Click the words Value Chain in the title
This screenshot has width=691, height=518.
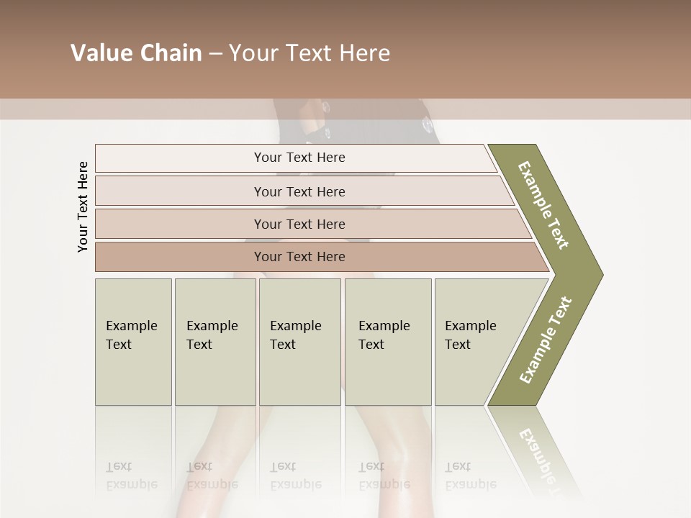[136, 53]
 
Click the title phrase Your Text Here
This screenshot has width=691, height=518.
[310, 53]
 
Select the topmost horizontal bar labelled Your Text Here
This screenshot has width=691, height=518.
[299, 158]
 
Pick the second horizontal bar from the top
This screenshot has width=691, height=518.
[299, 191]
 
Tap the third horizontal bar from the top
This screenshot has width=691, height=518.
[299, 224]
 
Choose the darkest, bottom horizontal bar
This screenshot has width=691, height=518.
[299, 257]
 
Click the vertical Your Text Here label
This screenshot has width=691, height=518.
[83, 206]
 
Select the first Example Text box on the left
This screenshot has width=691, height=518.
[133, 341]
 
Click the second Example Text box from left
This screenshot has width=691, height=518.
[214, 341]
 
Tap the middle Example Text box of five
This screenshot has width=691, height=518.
[299, 341]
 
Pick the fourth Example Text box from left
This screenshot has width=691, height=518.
[387, 341]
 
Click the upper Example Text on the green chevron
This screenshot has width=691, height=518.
[543, 205]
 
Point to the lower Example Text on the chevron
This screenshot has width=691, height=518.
[545, 340]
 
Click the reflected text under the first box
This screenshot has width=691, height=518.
[132, 476]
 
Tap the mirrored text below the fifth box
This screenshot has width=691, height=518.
[471, 476]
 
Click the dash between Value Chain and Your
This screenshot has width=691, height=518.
[215, 54]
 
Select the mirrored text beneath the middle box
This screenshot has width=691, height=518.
[296, 476]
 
